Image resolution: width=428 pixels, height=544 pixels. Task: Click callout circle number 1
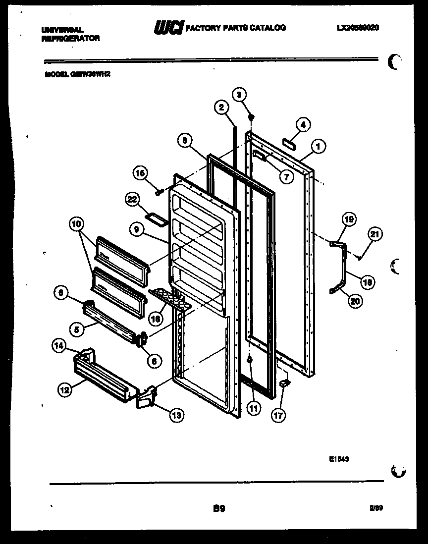318,146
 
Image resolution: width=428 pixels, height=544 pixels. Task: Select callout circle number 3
239,95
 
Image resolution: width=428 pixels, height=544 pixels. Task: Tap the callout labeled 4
303,125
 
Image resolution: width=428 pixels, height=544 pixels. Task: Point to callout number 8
184,141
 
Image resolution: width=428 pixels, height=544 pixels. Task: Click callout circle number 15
139,173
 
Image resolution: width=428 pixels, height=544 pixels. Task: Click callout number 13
176,415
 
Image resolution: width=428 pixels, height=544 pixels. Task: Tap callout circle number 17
278,415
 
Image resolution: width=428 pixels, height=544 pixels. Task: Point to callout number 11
253,409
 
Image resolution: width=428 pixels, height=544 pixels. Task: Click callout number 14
59,347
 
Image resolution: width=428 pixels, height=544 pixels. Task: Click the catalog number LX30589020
357,28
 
